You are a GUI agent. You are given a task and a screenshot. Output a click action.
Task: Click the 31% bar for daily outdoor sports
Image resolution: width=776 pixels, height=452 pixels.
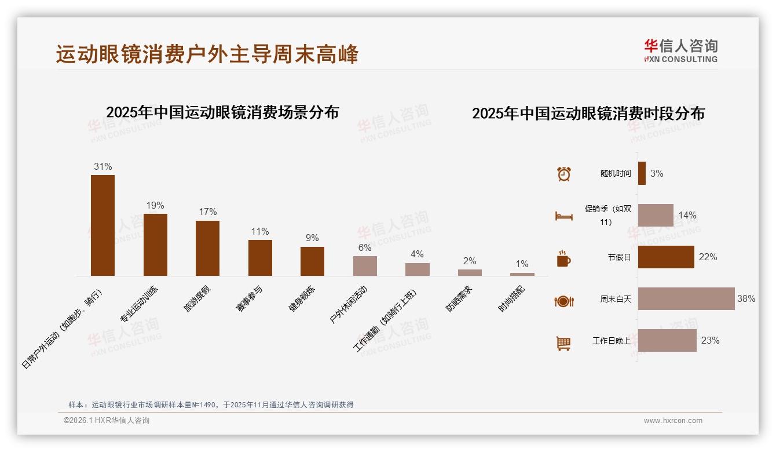tap(103, 225)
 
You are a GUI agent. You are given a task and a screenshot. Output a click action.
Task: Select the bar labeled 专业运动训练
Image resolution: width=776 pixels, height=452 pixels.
tap(155, 245)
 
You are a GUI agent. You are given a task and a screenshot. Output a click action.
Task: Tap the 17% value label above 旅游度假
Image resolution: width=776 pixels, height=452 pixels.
tap(207, 212)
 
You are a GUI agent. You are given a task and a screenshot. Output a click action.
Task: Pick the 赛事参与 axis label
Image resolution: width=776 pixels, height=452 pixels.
tap(250, 299)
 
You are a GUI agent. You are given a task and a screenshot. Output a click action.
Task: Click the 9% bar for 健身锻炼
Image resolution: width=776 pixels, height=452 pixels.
tap(312, 261)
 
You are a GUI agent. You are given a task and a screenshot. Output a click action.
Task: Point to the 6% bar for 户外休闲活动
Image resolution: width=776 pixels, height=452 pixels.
tap(365, 266)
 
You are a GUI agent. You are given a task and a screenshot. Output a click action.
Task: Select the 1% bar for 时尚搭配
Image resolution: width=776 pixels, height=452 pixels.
tap(522, 274)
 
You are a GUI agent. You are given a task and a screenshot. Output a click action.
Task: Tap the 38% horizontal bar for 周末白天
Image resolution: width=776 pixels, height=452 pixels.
tap(686, 298)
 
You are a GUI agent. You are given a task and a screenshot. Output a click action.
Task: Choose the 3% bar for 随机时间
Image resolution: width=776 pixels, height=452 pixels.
tap(642, 173)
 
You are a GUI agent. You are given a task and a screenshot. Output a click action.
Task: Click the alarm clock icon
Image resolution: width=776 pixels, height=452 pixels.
tap(564, 174)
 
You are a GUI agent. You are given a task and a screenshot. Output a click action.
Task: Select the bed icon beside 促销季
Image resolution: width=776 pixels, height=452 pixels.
tap(564, 216)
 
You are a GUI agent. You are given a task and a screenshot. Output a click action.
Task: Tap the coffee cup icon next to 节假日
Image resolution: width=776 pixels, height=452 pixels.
tap(563, 258)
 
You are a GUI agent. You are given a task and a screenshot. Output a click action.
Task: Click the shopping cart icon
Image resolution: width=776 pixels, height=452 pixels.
tap(563, 343)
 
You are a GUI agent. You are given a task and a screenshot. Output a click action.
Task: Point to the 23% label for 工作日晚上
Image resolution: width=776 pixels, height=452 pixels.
tap(710, 341)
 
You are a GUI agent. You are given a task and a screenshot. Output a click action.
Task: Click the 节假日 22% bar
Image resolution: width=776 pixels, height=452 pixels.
tap(666, 257)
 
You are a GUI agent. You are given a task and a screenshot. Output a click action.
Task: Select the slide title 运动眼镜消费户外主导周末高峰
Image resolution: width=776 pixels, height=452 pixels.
tap(207, 54)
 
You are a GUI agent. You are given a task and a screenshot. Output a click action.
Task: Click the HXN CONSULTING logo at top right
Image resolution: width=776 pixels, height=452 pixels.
tap(680, 51)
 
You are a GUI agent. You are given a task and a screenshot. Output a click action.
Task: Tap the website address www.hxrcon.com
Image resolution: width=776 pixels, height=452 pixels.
tap(673, 421)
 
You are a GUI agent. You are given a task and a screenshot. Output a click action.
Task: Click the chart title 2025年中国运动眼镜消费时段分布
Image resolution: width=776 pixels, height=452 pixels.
tap(588, 114)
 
